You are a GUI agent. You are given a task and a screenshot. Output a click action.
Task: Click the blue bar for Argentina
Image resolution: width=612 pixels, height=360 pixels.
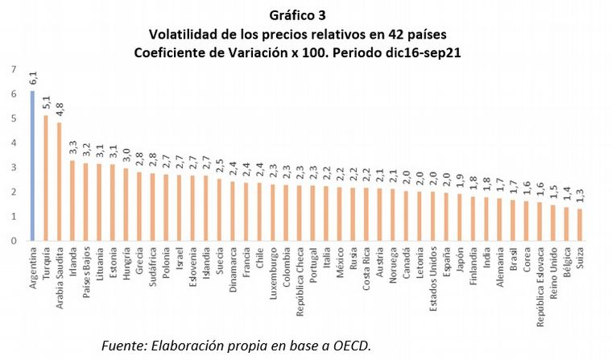tap(33, 165)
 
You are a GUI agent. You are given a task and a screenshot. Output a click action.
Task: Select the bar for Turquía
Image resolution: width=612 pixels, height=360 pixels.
tap(46, 177)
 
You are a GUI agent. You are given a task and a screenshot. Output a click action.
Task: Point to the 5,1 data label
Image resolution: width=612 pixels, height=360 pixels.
tap(46, 102)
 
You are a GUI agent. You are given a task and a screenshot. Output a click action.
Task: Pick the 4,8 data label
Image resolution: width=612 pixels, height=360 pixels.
tap(59, 110)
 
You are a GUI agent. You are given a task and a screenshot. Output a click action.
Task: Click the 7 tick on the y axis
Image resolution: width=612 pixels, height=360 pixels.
tap(12, 69)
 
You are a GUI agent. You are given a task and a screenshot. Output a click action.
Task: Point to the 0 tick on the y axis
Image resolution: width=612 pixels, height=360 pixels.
tap(12, 240)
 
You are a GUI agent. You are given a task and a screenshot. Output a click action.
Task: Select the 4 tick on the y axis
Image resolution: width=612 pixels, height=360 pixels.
tap(12, 143)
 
